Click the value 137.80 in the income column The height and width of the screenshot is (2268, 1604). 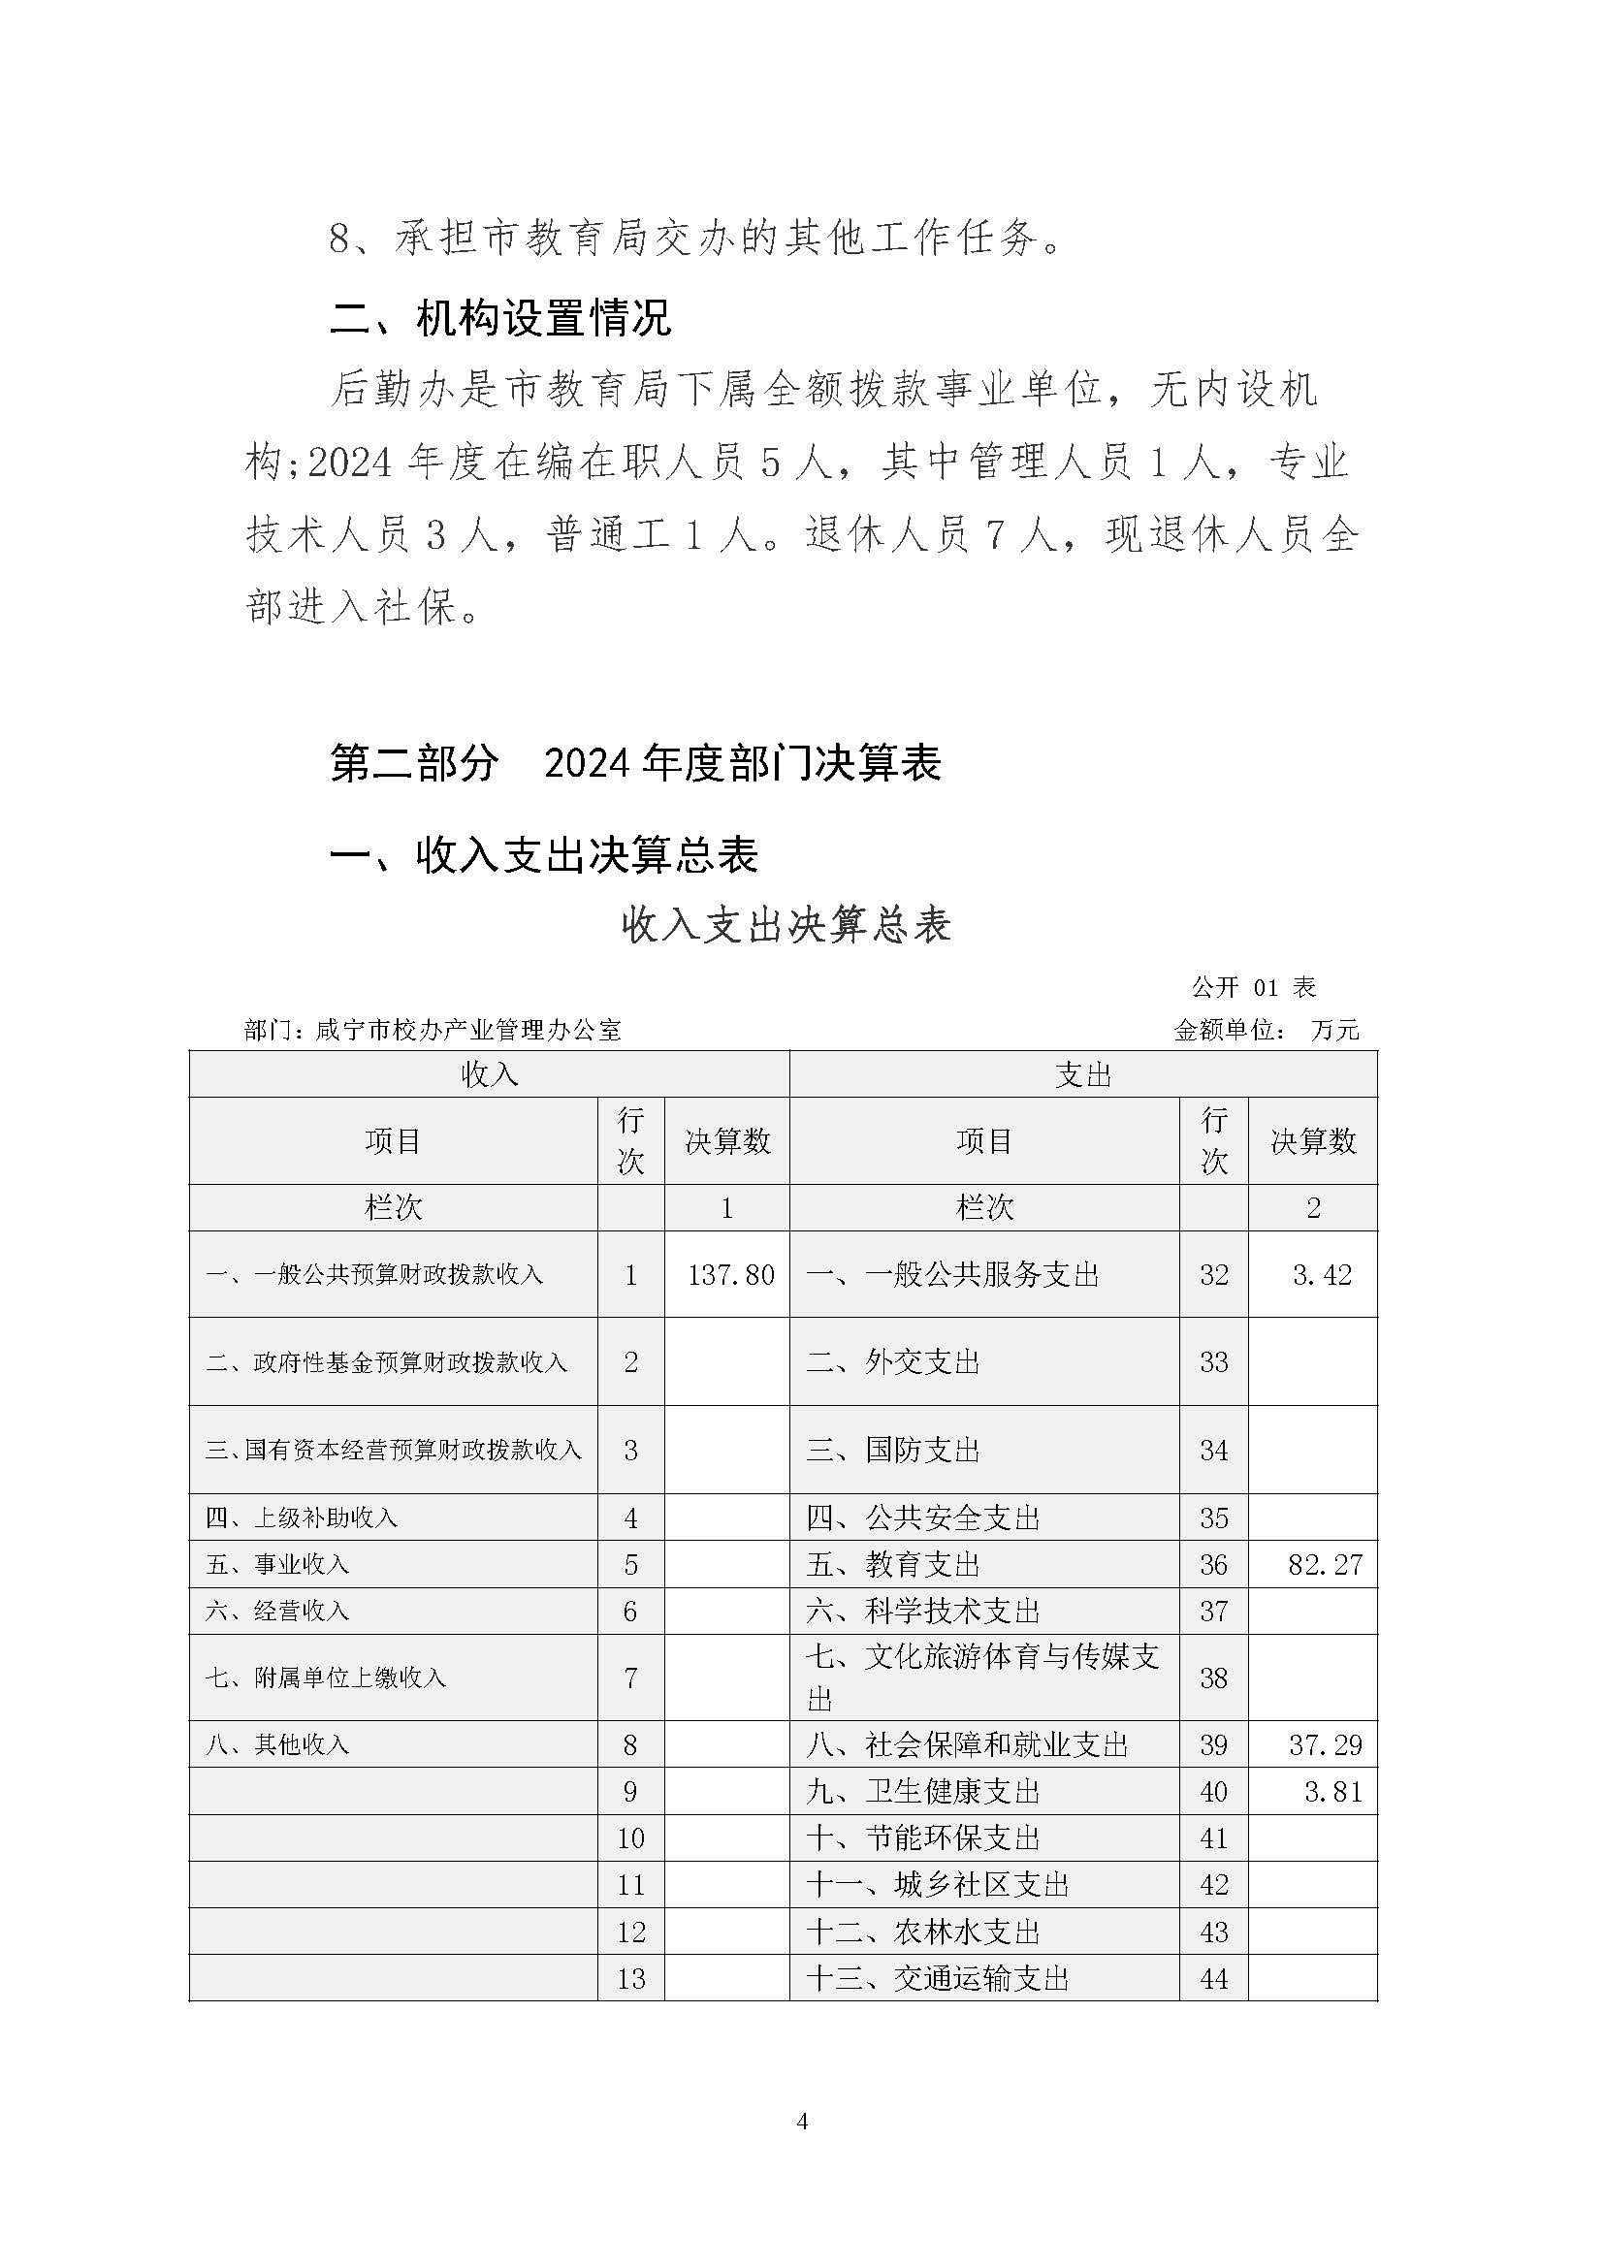tap(731, 1274)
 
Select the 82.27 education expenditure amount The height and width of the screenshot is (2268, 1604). tap(1325, 1565)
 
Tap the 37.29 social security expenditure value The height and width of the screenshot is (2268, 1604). tap(1325, 1744)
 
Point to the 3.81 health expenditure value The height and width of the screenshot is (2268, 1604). tap(1332, 1791)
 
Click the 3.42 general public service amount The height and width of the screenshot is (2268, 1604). tap(1322, 1274)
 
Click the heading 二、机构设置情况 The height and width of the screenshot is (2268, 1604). tap(500, 318)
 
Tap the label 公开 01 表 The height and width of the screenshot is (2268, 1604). tap(1253, 987)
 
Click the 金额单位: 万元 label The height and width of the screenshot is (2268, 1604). tap(1267, 1031)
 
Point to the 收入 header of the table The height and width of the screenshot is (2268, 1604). tap(489, 1073)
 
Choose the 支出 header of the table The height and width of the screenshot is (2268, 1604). tap(1082, 1073)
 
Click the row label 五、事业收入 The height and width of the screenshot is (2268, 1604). tap(277, 1565)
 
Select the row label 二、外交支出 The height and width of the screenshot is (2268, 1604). tap(893, 1362)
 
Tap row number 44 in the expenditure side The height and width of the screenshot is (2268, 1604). tap(1213, 1979)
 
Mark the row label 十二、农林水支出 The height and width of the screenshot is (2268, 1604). tap(922, 1932)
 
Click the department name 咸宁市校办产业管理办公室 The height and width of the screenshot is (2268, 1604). tap(468, 1031)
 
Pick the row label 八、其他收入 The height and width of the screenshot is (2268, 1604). tap(277, 1744)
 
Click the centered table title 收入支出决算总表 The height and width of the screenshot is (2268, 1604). tap(786, 926)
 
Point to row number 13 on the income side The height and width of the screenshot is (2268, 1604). tap(630, 1979)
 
